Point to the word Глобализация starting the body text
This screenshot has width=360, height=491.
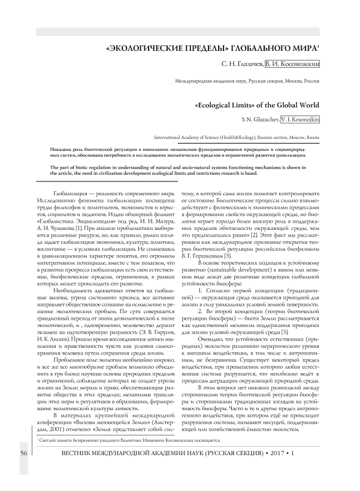point(71,196)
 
